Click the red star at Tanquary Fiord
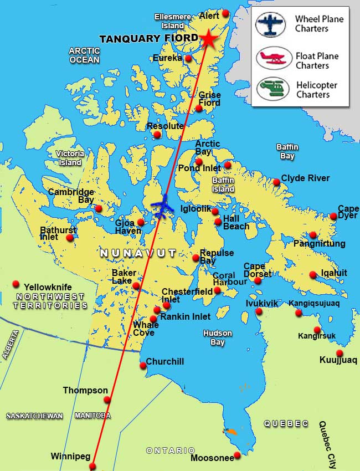[x=209, y=38]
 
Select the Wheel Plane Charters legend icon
[x=271, y=24]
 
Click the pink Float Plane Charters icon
[x=271, y=57]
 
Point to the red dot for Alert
[x=225, y=13]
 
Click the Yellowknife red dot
[x=16, y=284]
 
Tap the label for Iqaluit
[x=334, y=273]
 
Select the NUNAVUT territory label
[x=138, y=253]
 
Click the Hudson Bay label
[x=217, y=338]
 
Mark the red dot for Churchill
[x=143, y=365]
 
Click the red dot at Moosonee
[x=237, y=455]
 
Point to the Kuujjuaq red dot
[x=340, y=354]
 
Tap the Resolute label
[x=165, y=126]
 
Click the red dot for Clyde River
[x=276, y=182]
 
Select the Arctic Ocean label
[x=84, y=55]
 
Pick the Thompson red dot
[x=107, y=400]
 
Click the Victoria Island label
[x=70, y=158]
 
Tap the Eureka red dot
[x=188, y=59]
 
